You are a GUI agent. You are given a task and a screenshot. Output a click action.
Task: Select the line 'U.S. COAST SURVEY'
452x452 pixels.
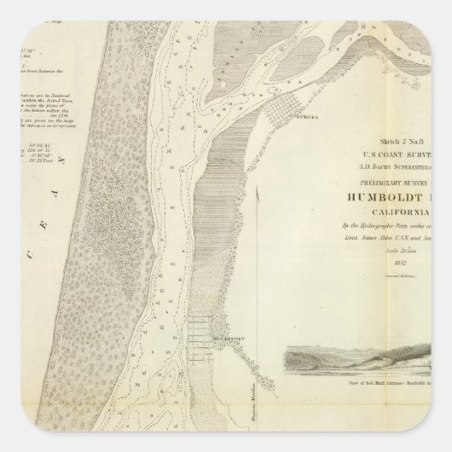(401, 157)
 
